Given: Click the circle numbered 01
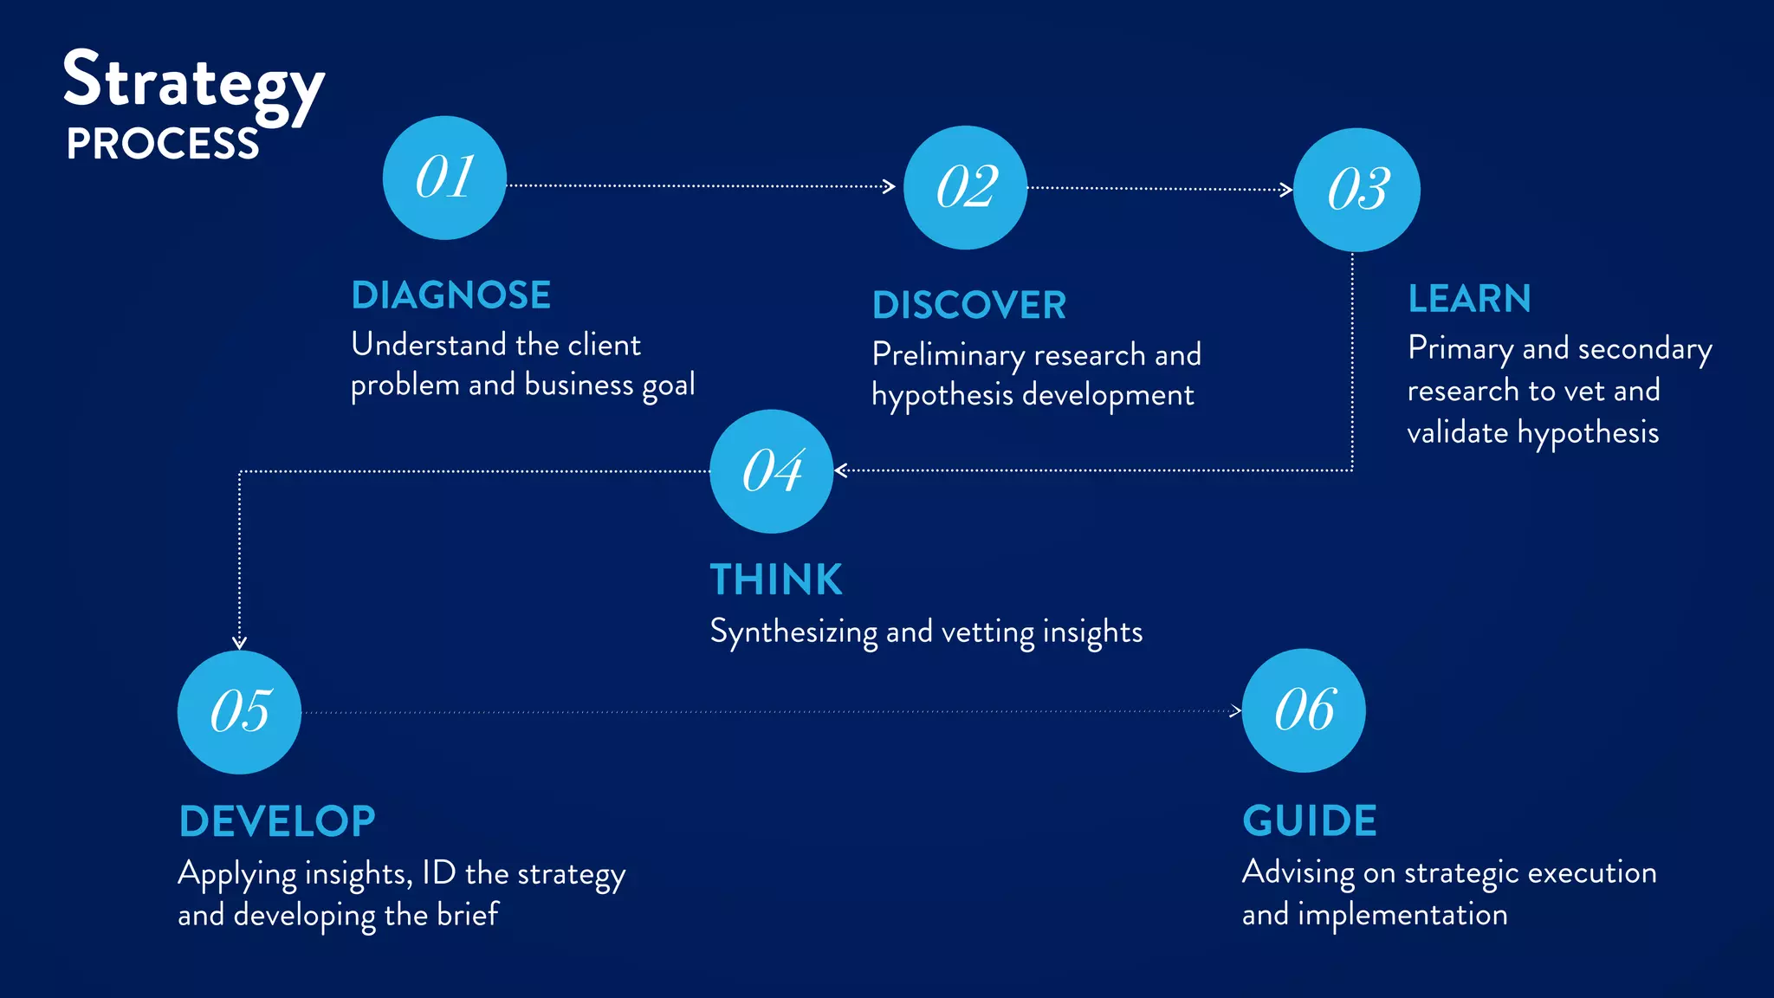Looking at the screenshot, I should click(x=444, y=178).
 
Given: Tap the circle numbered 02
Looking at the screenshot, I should click(x=965, y=187).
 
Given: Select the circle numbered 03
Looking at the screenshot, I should click(x=1356, y=190).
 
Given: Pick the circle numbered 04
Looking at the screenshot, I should click(x=771, y=471).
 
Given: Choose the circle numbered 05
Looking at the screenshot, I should click(x=239, y=711).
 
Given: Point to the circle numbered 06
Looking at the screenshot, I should click(x=1304, y=710).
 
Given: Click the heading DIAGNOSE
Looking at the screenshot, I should click(x=451, y=295).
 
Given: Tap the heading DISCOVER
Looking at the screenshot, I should click(x=969, y=305).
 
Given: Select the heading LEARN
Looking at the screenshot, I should click(x=1469, y=299).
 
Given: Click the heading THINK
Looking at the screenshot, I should click(x=776, y=580).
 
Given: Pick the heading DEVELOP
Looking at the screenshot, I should click(x=277, y=821).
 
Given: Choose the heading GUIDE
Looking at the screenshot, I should click(x=1310, y=820).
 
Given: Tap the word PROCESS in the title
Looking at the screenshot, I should click(x=163, y=144).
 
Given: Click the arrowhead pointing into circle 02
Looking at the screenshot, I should click(x=890, y=186).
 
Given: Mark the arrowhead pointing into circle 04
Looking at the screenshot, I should click(x=840, y=471).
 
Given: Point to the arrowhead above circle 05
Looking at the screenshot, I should click(x=240, y=643).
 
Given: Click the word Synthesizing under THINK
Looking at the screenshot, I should click(x=793, y=632).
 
